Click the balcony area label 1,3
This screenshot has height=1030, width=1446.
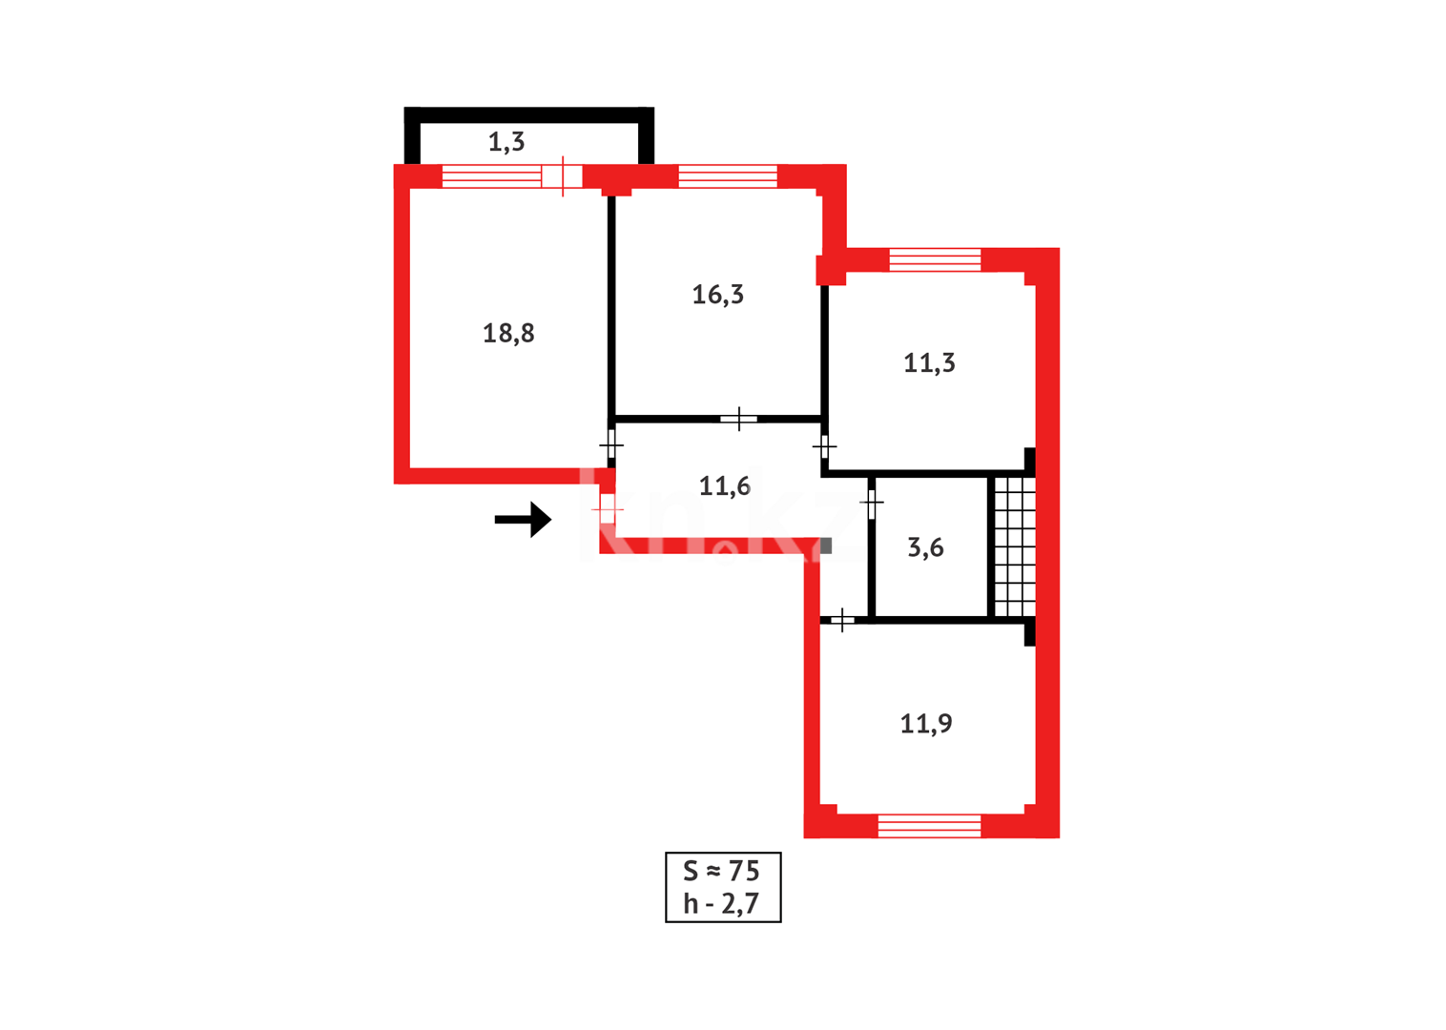506,142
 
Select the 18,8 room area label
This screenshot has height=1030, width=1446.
508,333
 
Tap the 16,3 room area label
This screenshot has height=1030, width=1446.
718,295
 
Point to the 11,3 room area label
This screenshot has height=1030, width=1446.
929,363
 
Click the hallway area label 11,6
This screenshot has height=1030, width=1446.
725,486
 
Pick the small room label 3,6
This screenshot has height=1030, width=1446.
925,547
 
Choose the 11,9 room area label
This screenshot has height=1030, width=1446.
926,724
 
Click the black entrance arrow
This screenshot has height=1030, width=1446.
523,520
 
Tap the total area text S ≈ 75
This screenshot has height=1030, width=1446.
722,871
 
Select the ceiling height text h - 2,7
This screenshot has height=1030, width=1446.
722,903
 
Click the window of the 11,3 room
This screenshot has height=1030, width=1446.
935,259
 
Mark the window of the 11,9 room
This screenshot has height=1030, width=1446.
929,826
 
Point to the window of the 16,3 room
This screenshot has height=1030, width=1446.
728,176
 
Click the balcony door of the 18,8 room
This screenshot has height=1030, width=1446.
562,176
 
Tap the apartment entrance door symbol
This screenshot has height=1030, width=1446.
607,509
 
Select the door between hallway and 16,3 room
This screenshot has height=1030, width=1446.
739,419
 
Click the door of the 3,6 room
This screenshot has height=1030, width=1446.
872,502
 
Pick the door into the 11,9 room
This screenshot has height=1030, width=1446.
842,621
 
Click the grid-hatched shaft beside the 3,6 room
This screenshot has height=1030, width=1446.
1015,546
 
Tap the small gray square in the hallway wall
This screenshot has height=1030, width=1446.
826,546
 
